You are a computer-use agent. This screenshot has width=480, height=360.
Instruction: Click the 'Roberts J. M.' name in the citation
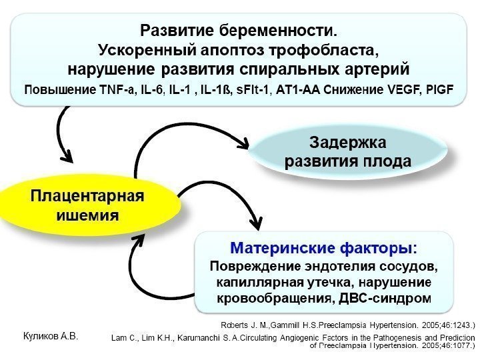click(x=242, y=325)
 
